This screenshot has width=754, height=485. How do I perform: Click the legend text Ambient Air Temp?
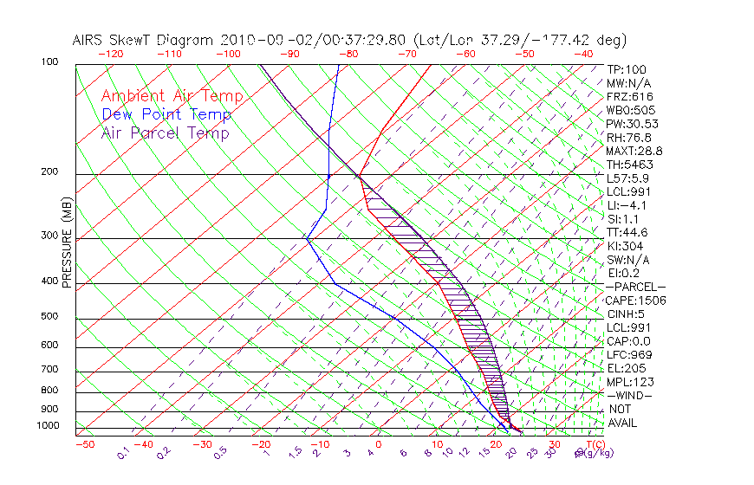click(x=172, y=96)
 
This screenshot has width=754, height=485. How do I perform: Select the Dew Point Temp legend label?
click(x=166, y=114)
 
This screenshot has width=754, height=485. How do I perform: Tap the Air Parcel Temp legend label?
click(x=165, y=133)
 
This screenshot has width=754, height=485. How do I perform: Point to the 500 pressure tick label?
click(x=50, y=316)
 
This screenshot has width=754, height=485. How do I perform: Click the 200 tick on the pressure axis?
click(x=50, y=172)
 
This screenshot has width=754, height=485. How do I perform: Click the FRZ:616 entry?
click(x=630, y=96)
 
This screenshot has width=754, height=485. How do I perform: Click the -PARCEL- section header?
click(x=635, y=287)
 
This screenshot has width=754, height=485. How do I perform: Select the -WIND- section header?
click(x=630, y=395)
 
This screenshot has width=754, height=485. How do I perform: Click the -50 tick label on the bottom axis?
click(x=84, y=444)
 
